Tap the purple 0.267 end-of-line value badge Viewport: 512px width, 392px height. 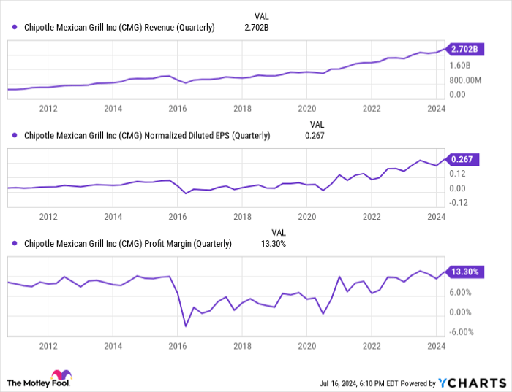(464, 160)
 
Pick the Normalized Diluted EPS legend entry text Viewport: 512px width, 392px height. (146, 135)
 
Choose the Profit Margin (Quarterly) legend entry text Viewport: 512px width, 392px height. (127, 244)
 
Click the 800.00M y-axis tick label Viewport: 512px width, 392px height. (467, 80)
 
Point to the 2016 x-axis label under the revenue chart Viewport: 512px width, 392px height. (177, 109)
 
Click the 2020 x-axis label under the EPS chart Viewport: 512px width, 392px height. (306, 217)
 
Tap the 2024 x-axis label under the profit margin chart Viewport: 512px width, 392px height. (436, 344)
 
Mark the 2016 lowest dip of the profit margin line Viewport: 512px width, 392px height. (186, 326)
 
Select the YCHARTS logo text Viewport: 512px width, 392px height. (472, 383)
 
